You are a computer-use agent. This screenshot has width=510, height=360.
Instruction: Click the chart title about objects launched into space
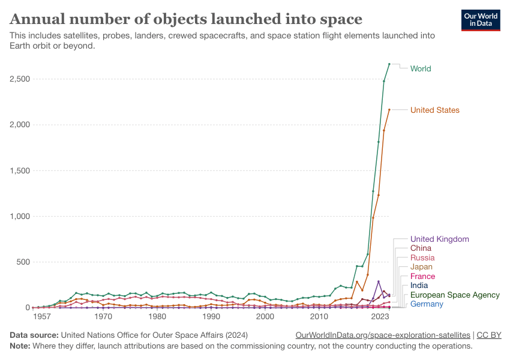(186, 19)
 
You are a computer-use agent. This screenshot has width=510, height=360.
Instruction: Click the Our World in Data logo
(480, 20)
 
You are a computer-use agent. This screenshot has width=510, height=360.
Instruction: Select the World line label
(421, 68)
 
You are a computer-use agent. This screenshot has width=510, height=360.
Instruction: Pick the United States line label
(434, 110)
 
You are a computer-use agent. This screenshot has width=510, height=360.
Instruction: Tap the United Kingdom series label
(439, 239)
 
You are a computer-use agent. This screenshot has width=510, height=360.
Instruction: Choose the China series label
(421, 248)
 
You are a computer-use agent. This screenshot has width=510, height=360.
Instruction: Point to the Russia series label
(422, 257)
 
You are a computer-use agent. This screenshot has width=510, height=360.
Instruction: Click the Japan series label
(421, 266)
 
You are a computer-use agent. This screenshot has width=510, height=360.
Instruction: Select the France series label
(422, 276)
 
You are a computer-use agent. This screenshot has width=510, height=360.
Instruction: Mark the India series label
(419, 285)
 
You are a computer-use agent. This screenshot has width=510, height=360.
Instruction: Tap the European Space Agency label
(455, 295)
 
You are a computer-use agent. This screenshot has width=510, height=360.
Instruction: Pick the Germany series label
(427, 304)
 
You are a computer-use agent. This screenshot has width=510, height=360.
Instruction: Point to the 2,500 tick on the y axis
(19, 79)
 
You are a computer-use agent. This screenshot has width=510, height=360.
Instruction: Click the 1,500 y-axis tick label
(19, 170)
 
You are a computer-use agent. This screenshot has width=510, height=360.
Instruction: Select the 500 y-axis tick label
(22, 262)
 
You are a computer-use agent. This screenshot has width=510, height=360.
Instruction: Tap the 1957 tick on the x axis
(42, 316)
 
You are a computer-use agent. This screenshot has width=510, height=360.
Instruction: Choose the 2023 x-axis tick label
(379, 316)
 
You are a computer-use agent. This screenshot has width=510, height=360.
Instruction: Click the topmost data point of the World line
(389, 64)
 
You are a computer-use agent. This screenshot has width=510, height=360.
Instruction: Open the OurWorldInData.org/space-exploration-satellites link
(383, 335)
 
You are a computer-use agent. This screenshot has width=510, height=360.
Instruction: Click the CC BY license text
(489, 335)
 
